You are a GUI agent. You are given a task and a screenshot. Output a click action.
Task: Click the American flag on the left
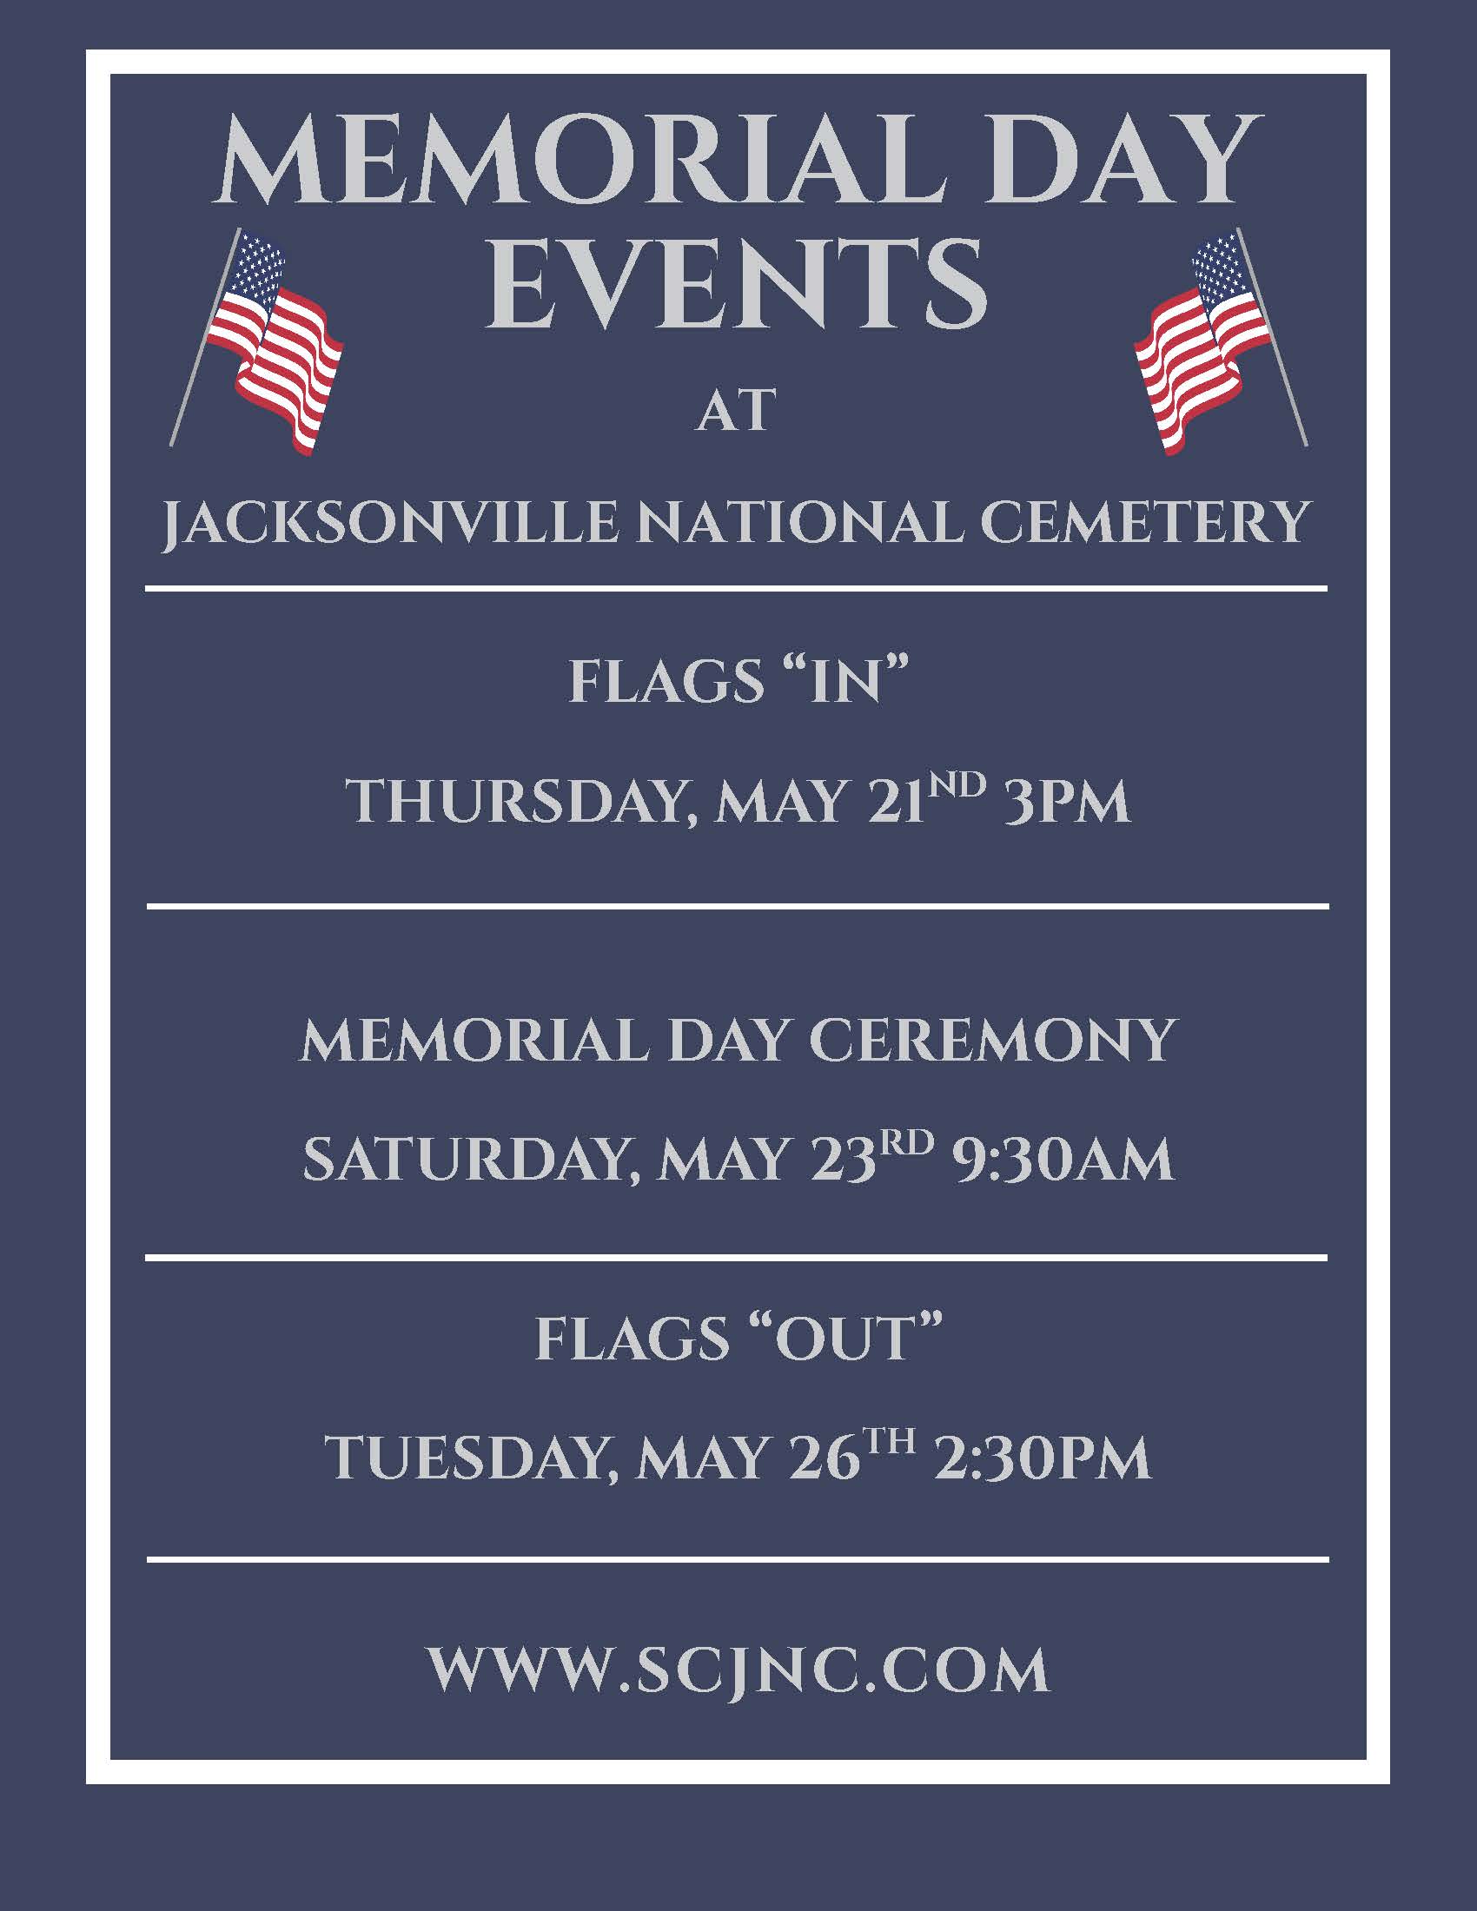[262, 341]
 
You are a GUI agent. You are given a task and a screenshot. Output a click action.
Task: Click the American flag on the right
[1216, 341]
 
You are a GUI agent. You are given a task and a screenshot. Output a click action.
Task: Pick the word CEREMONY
[991, 1041]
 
